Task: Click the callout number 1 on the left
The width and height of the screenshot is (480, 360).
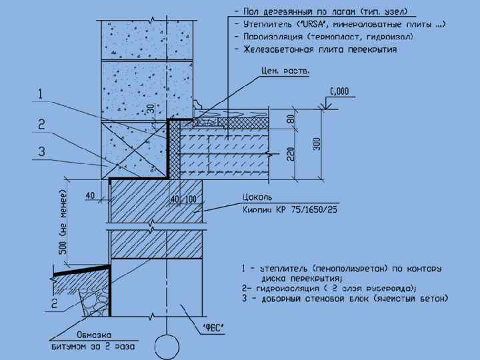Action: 41,95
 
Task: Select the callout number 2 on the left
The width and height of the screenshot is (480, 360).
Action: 41,124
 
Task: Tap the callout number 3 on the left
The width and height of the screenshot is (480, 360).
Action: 41,152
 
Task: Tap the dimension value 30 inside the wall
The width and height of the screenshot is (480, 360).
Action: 151,110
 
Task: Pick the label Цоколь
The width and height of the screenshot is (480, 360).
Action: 255,198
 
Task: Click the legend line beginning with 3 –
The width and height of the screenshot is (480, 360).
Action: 344,299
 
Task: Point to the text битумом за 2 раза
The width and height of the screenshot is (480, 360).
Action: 93,347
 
